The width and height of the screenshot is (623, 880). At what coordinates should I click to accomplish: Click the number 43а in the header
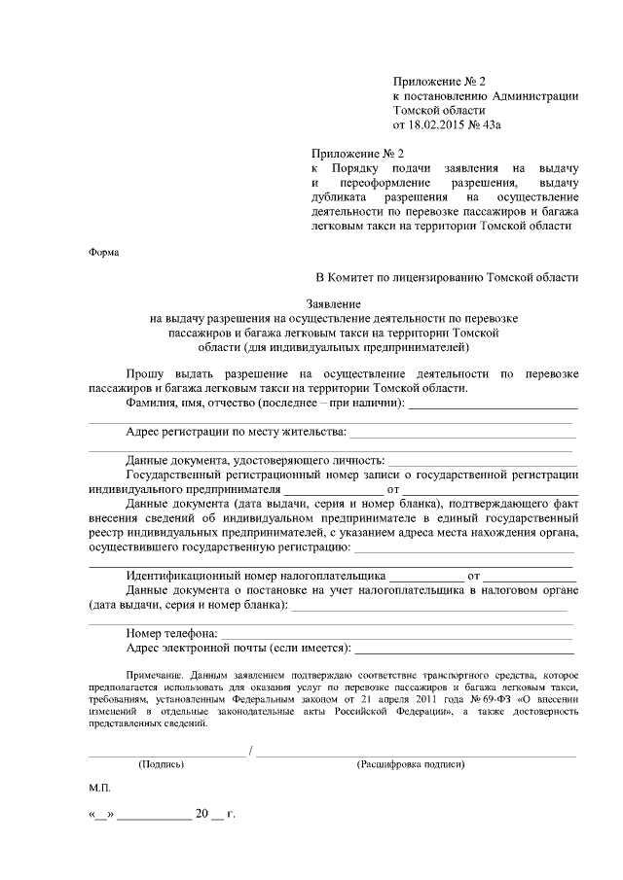[x=503, y=125]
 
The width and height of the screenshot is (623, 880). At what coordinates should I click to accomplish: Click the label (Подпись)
[x=162, y=765]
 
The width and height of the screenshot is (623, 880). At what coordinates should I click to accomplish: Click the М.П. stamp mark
[x=99, y=790]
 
